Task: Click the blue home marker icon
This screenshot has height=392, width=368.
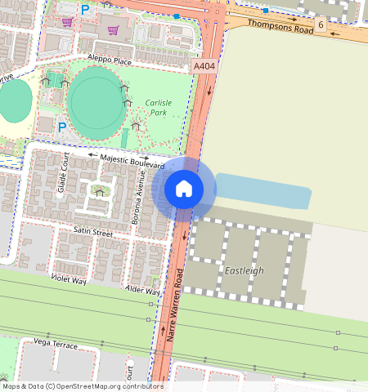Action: coord(184,189)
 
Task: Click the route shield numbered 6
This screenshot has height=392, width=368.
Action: coord(321,25)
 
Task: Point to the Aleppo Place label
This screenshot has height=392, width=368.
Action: coord(110,61)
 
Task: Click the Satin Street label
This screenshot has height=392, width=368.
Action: coord(92,232)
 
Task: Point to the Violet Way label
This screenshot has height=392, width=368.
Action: coord(69,279)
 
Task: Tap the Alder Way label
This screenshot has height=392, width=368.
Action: coord(143,291)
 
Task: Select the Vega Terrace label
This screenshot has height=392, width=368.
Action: coord(56,345)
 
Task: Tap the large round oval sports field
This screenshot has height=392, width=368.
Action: coord(97,104)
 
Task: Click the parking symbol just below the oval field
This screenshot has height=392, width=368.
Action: coord(62,127)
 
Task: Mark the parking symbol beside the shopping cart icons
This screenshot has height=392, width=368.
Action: coord(84,10)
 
